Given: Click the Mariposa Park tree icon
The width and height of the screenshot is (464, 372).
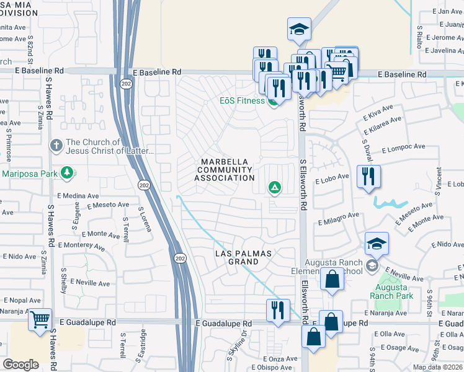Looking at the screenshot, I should point(66,172).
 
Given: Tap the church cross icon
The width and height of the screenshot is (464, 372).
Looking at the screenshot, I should point(56,146).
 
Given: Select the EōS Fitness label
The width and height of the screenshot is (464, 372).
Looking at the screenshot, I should point(242,100).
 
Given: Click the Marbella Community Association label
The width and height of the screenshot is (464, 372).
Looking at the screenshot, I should point(224,170).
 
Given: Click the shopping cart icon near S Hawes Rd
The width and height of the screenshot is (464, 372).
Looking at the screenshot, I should point(40,321).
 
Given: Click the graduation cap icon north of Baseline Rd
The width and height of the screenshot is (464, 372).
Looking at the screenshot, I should point(299,29).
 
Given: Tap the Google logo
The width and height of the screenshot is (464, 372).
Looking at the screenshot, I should point(20,364).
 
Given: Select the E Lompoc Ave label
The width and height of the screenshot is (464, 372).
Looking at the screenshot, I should point(403,149).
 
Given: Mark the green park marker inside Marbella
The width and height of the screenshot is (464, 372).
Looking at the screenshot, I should point(274,187).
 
